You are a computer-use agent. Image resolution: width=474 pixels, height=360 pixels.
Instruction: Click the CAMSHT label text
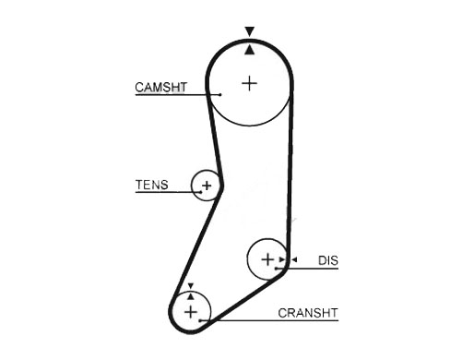pyautogui.click(x=160, y=88)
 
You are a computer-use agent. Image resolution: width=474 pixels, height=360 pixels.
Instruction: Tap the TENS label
pyautogui.click(x=151, y=185)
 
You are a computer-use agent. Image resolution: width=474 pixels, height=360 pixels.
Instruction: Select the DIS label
pyautogui.click(x=328, y=261)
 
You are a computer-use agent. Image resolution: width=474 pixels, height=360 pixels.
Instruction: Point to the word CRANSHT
pyautogui.click(x=308, y=313)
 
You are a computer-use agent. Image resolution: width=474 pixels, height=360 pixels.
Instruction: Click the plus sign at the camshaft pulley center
pyautogui.click(x=249, y=83)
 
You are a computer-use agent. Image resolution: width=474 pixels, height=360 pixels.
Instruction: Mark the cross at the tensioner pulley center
pyautogui.click(x=207, y=186)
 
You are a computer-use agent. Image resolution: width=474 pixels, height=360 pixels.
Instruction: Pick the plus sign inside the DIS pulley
pyautogui.click(x=267, y=260)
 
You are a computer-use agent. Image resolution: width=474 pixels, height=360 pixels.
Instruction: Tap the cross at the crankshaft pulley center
pyautogui.click(x=191, y=312)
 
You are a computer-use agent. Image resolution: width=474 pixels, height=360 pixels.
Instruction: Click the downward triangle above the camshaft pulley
pyautogui.click(x=249, y=32)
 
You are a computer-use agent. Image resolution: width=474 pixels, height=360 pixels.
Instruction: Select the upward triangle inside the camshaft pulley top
pyautogui.click(x=249, y=49)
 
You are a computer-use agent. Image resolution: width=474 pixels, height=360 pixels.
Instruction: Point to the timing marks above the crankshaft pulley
pyautogui.click(x=191, y=290)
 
